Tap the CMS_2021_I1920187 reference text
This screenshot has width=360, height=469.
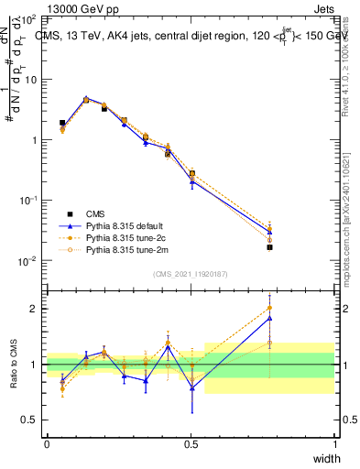190,273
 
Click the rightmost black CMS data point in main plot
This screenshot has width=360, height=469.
269,247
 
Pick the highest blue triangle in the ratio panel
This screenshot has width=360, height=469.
269,318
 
